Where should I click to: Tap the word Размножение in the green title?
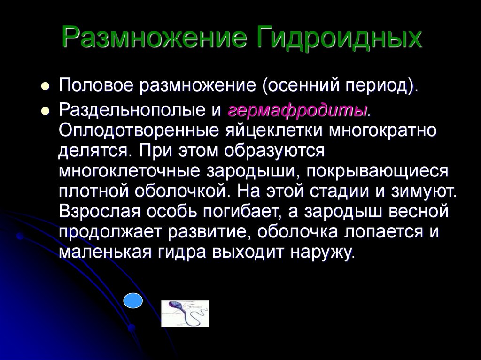[154, 37]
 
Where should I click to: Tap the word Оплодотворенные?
[139, 130]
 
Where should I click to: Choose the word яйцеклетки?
[274, 130]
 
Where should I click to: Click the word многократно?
[382, 130]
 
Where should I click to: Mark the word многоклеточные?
[129, 171]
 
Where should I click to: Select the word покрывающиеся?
[377, 171]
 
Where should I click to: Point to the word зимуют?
[424, 191]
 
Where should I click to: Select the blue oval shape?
[133, 300]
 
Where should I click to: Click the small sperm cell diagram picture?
[185, 314]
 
